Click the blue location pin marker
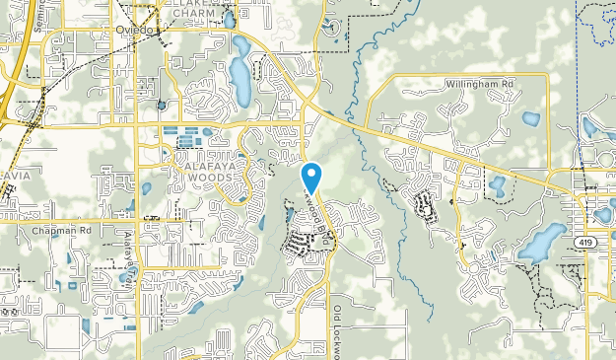click(x=312, y=177)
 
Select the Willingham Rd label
click(x=479, y=85)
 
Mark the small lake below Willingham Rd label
click(x=531, y=119)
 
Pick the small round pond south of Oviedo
click(x=161, y=104)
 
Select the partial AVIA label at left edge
click(x=15, y=177)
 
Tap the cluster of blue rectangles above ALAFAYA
click(x=192, y=136)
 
